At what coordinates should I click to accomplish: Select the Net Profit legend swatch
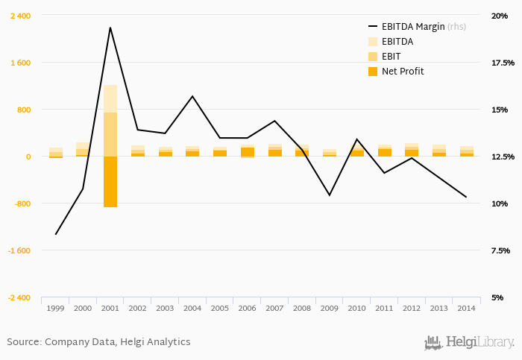coord(374,72)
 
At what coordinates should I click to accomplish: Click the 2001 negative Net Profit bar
coord(110,181)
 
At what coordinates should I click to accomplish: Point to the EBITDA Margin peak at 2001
coord(110,28)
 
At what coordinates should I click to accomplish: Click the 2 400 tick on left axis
coord(20,16)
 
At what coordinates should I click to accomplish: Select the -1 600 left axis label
coord(20,250)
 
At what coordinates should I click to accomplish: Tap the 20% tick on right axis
coord(499,16)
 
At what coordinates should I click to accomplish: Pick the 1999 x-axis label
coord(55,308)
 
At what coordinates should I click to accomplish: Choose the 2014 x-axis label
coord(467,308)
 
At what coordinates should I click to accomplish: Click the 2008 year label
coord(302,308)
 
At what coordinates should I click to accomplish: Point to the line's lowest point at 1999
coord(55,234)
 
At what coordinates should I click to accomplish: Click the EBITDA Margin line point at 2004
coord(192,96)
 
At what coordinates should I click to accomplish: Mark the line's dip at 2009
coord(330,195)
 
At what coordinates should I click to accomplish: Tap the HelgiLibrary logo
coord(469,343)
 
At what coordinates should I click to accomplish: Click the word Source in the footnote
coord(23,342)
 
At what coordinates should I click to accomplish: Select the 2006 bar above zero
coord(248,151)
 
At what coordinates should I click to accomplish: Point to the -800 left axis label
coord(22,203)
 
